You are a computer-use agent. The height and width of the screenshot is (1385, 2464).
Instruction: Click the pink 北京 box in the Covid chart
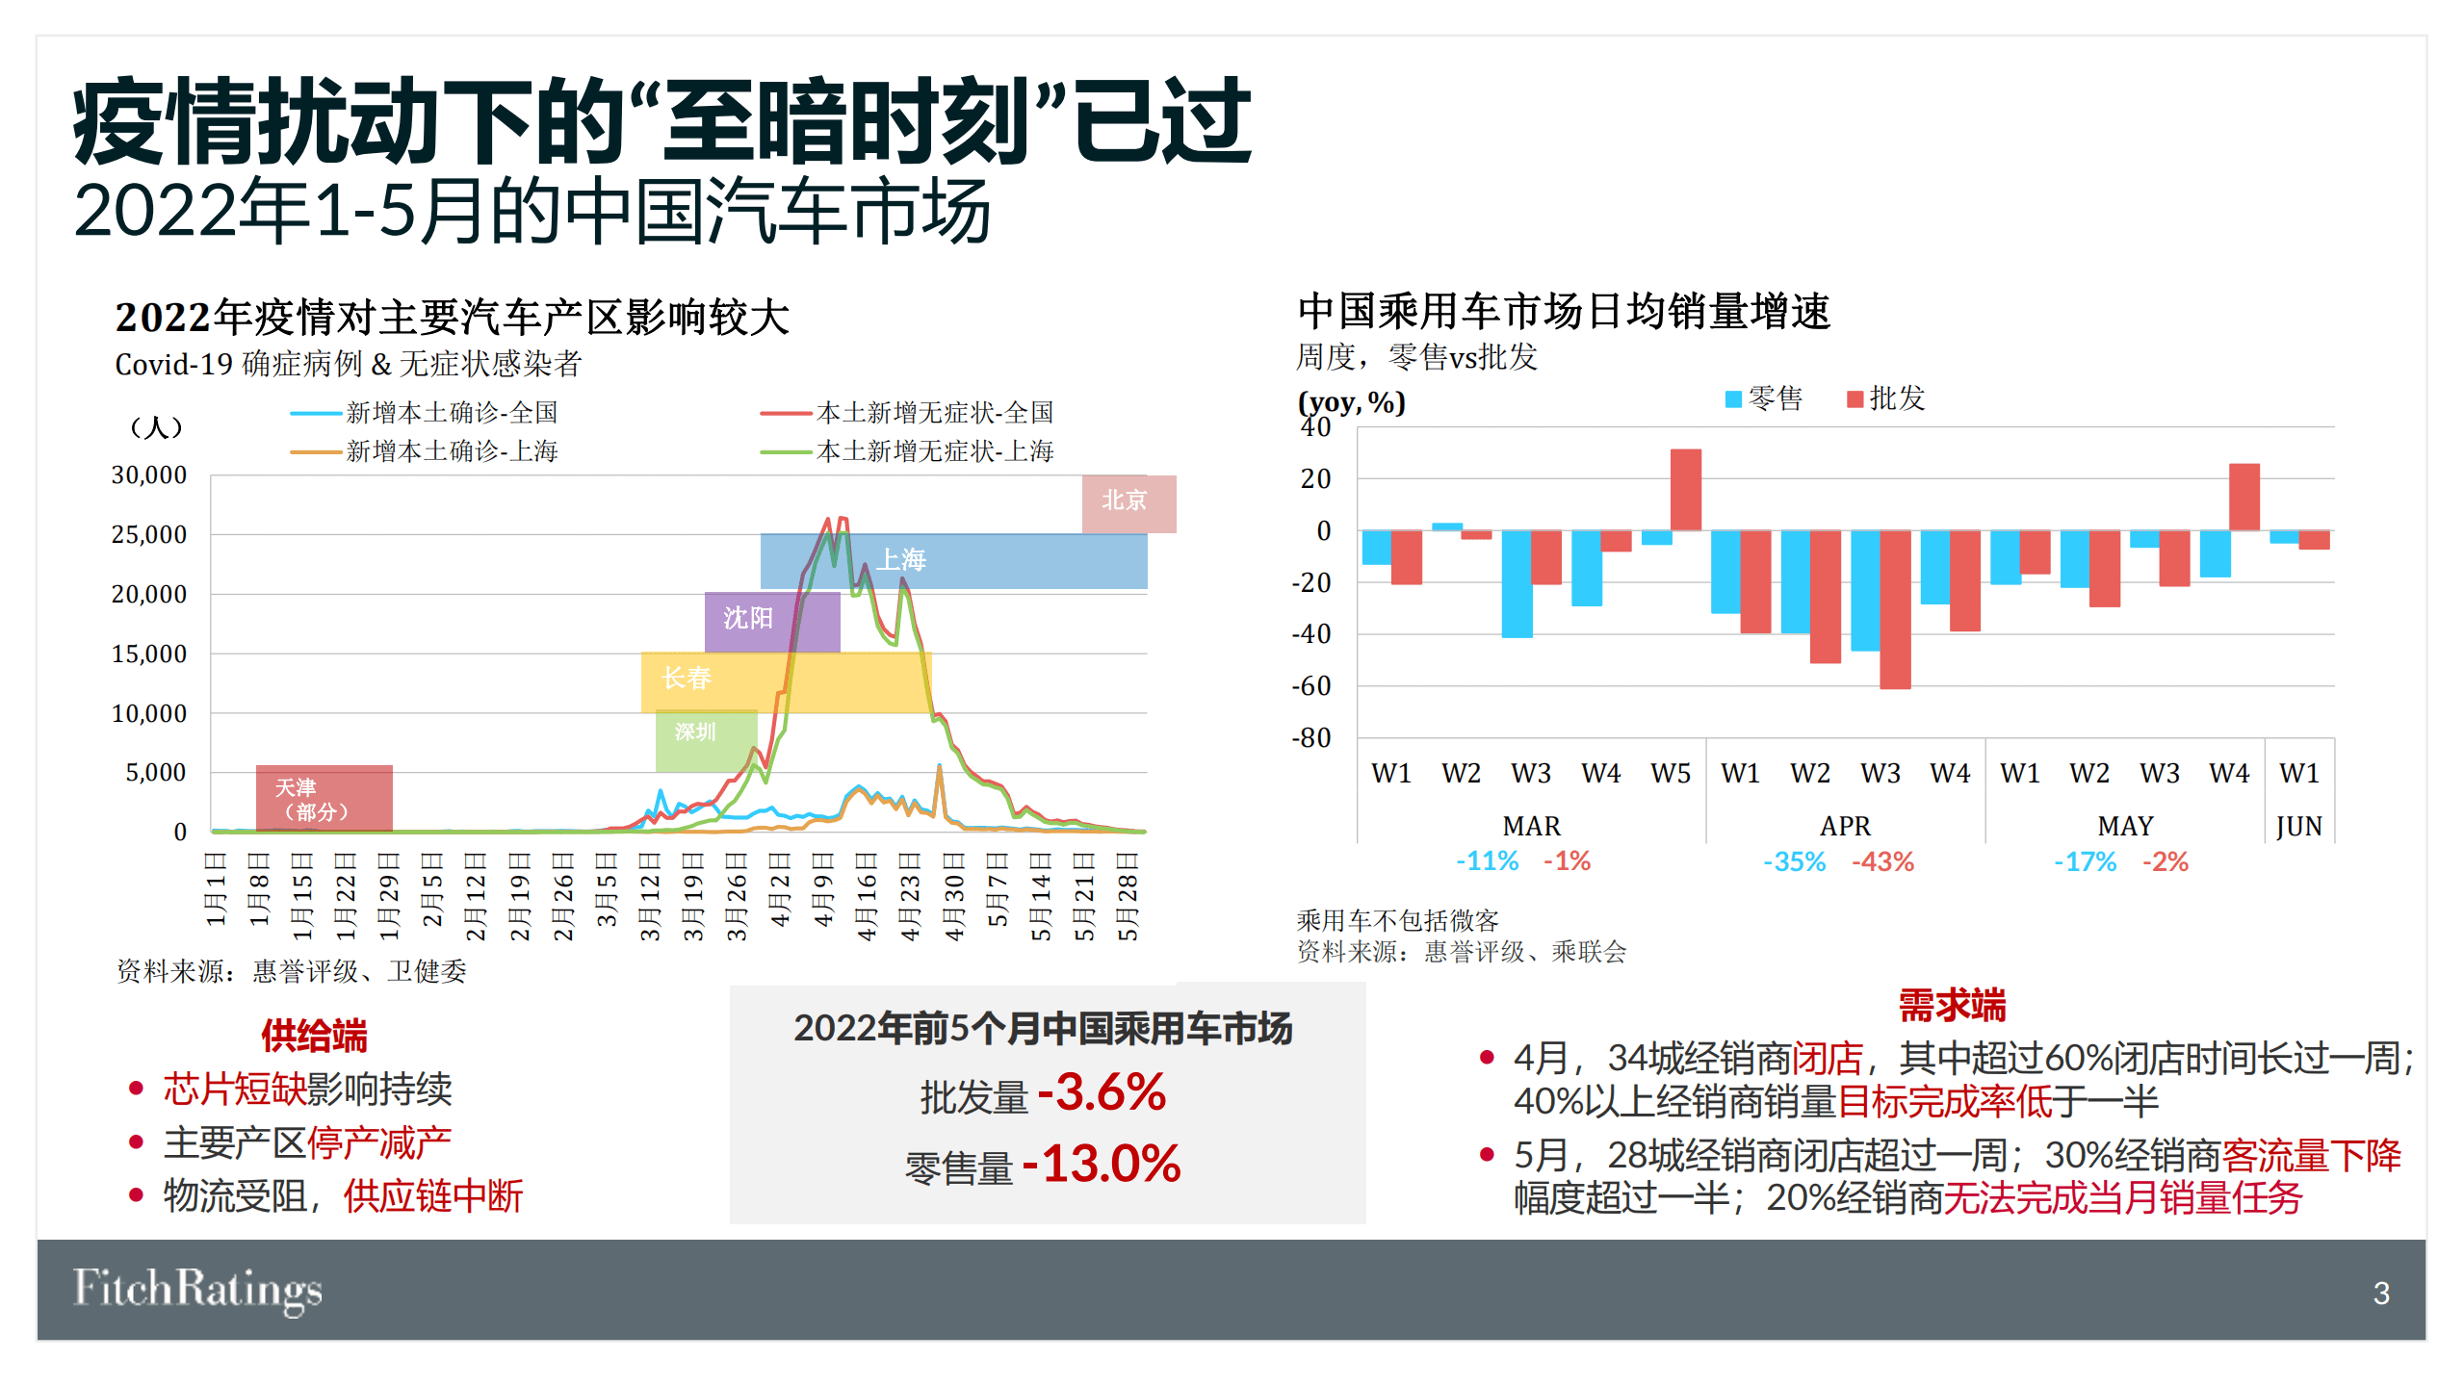pos(1128,502)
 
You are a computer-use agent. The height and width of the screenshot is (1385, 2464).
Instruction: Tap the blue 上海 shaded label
pos(952,560)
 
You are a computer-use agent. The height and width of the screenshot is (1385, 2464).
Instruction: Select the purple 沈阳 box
pos(771,620)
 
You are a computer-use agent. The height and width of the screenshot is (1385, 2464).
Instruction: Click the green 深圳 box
pos(705,739)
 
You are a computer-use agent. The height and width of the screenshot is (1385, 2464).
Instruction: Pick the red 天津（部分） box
pos(324,799)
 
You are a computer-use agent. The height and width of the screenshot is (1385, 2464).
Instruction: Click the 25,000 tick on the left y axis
pos(149,535)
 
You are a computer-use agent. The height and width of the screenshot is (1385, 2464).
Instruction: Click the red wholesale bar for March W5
pos(1685,490)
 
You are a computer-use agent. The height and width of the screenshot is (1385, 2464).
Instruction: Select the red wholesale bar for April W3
pos(1894,609)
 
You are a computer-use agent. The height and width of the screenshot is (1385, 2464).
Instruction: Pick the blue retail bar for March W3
pos(1517,583)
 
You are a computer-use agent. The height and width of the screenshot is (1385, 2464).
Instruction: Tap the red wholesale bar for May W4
pos(2244,497)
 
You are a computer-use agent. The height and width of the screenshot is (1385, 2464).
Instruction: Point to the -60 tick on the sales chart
pos(1310,686)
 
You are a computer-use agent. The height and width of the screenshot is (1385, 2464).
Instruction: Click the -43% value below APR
pos(1882,861)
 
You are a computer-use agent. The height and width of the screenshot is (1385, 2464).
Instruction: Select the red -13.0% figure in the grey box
pos(1101,1164)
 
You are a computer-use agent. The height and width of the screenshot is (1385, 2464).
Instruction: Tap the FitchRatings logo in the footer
pos(197,1290)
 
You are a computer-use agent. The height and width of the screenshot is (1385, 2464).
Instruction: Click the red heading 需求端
pos(1952,1006)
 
